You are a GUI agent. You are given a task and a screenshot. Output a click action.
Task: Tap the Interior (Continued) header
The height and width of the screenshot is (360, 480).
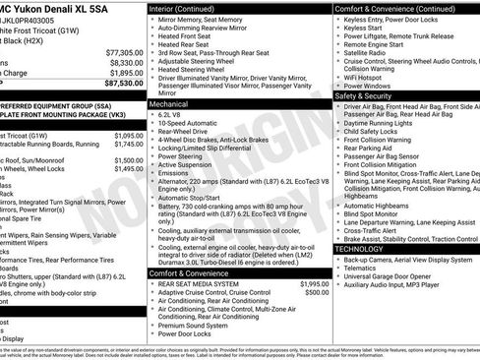182,8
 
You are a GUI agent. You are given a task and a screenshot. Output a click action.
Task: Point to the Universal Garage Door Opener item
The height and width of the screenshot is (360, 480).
397,278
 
